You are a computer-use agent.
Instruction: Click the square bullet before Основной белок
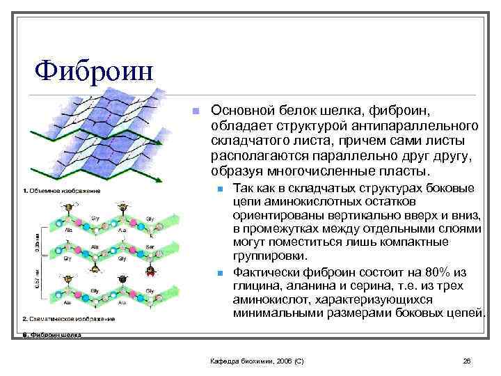pyautogui.click(x=197, y=111)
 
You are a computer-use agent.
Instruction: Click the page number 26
pyautogui.click(x=467, y=360)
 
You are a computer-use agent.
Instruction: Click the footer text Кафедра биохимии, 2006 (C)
pyautogui.click(x=257, y=360)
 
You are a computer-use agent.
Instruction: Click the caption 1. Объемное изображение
pyautogui.click(x=61, y=190)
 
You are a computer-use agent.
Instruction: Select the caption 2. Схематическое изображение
pyautogui.click(x=68, y=318)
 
